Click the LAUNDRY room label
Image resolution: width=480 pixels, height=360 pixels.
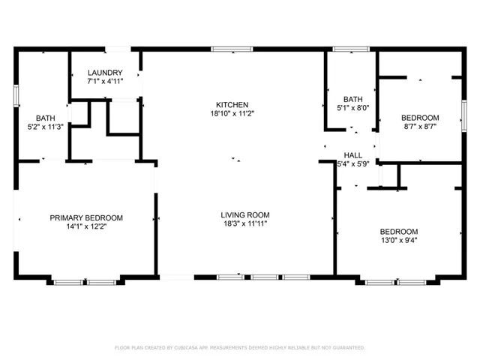pyautogui.click(x=105, y=73)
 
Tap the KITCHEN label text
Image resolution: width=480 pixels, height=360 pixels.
pyautogui.click(x=232, y=105)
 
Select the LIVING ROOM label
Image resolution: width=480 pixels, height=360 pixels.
pyautogui.click(x=245, y=215)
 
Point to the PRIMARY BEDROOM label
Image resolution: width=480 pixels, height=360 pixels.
pyautogui.click(x=86, y=218)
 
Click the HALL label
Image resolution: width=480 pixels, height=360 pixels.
pyautogui.click(x=353, y=155)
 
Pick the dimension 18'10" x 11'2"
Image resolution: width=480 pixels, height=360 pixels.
pyautogui.click(x=232, y=113)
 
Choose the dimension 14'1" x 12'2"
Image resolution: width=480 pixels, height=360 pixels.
pyautogui.click(x=86, y=226)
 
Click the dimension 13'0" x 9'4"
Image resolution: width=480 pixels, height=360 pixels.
pyautogui.click(x=399, y=240)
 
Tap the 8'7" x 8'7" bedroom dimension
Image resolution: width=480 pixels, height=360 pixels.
pyautogui.click(x=420, y=127)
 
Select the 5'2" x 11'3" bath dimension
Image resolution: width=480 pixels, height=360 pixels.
pyautogui.click(x=46, y=127)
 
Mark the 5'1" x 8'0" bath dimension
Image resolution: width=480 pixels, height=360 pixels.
pyautogui.click(x=353, y=108)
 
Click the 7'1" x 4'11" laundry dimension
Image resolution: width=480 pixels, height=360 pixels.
pyautogui.click(x=105, y=82)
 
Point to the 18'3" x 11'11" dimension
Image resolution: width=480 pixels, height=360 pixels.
pyautogui.click(x=245, y=223)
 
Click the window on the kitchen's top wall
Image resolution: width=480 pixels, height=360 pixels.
pyautogui.click(x=232, y=49)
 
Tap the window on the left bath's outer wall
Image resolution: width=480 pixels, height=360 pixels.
pyautogui.click(x=16, y=96)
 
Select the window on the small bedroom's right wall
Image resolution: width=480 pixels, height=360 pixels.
pyautogui.click(x=464, y=116)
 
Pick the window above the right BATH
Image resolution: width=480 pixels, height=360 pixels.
pyautogui.click(x=351, y=49)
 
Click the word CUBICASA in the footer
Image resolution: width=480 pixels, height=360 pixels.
pyautogui.click(x=186, y=348)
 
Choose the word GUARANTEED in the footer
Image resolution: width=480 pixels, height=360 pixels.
pyautogui.click(x=349, y=348)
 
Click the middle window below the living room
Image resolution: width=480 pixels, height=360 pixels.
pyautogui.click(x=265, y=277)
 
